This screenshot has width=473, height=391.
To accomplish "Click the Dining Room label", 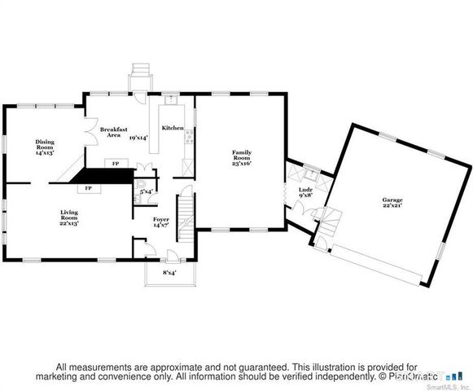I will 44,147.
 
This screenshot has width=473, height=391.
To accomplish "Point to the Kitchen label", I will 173,128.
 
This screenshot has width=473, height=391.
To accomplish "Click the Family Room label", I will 241,157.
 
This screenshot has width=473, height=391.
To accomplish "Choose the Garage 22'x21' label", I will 393,202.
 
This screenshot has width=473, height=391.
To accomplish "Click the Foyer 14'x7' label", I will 161,222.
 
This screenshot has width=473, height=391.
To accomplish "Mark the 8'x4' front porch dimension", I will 170,273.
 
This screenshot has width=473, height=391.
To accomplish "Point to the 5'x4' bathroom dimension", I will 147,192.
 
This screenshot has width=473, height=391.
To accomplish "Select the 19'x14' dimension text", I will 138,138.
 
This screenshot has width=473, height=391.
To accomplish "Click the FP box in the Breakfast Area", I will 116,164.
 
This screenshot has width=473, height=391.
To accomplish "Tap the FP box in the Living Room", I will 87,187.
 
